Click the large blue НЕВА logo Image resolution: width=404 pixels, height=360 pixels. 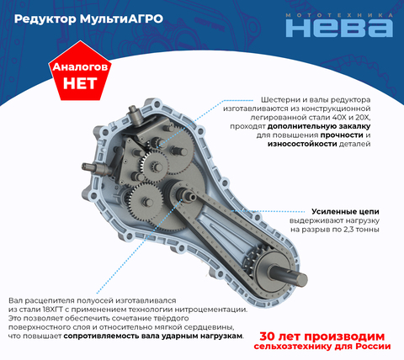click(339, 28)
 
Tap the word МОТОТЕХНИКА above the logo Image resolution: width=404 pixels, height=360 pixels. click(339, 15)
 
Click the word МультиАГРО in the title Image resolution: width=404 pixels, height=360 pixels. click(121, 19)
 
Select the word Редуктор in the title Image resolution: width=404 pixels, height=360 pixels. click(45, 19)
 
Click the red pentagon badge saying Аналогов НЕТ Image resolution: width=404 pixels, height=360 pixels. click(80, 71)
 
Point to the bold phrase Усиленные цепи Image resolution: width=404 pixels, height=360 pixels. click(345, 211)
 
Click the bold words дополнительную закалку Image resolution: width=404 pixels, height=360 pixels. click(319, 126)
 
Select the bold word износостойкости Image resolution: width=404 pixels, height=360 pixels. click(302, 144)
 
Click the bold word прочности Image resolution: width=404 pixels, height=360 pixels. click(342, 135)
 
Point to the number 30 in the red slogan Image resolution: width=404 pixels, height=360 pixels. click(267, 336)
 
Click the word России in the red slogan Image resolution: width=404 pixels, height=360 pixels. click(373, 347)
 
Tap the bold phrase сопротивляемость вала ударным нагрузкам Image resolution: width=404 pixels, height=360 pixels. click(153, 336)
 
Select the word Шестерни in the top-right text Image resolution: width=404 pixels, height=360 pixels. click(277, 100)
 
